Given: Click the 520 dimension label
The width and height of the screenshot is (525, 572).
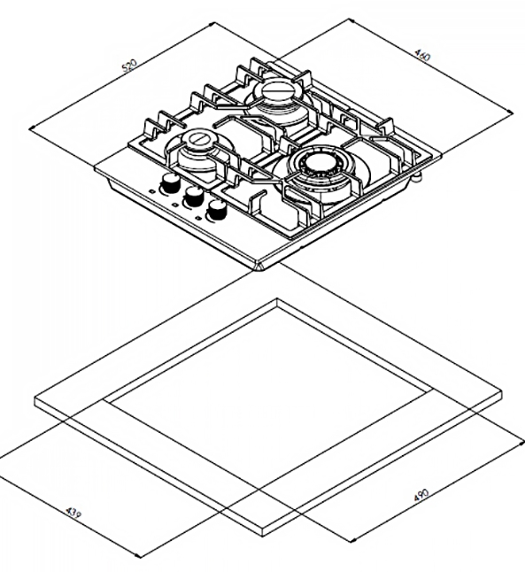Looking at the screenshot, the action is (x=129, y=66).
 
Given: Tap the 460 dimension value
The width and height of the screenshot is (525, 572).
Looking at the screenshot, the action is (x=423, y=56).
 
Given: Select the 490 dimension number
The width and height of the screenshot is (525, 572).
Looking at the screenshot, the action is (x=421, y=495).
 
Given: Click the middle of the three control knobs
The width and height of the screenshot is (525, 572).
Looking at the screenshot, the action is (x=194, y=197).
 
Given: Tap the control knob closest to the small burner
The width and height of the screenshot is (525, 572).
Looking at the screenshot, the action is (x=170, y=182).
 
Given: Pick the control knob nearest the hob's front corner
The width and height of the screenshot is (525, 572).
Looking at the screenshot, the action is (x=216, y=211).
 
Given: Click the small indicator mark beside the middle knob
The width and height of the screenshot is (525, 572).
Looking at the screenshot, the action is (x=174, y=205).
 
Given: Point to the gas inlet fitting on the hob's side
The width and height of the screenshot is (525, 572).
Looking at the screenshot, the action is (x=416, y=177).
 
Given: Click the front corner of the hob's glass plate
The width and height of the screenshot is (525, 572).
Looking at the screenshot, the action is (x=260, y=268).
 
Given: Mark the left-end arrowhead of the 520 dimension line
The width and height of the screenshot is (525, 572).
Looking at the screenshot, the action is (x=32, y=128).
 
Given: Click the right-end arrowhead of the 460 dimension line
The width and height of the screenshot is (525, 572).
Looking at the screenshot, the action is (x=510, y=112).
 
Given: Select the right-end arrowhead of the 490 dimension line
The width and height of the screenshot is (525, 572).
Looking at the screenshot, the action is (x=521, y=442).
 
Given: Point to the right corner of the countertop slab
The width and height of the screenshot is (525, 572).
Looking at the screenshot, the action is (x=501, y=395).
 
